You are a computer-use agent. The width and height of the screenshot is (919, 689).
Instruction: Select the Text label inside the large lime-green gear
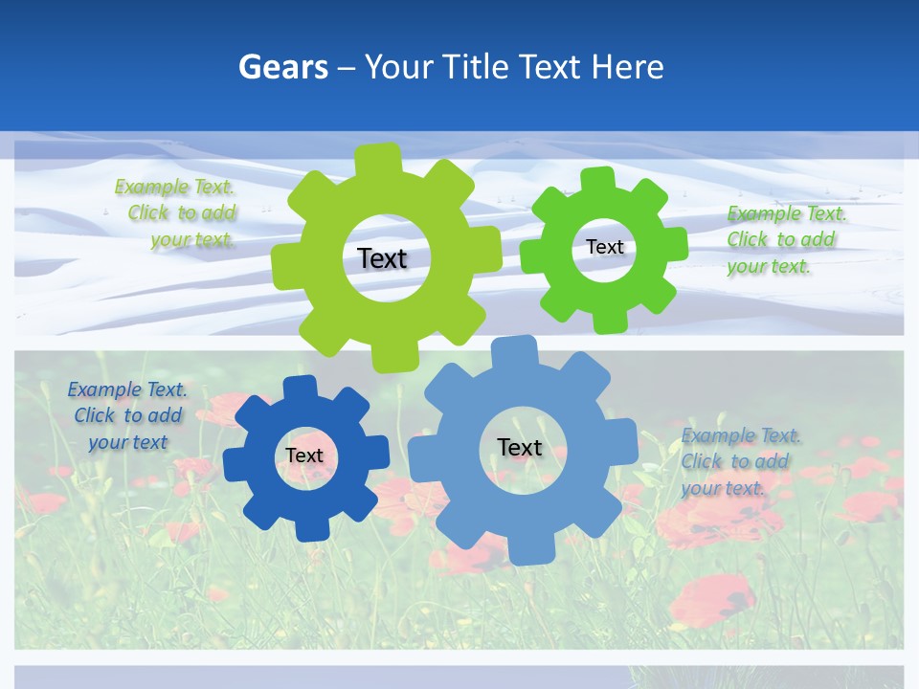click(382, 258)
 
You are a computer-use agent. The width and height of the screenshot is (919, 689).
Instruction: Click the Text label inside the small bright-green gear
click(604, 247)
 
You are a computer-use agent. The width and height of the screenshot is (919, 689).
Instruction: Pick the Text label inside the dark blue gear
click(304, 456)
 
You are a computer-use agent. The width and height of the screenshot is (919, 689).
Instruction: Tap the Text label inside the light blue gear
click(520, 447)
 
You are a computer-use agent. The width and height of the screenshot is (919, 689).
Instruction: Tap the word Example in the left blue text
click(103, 389)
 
